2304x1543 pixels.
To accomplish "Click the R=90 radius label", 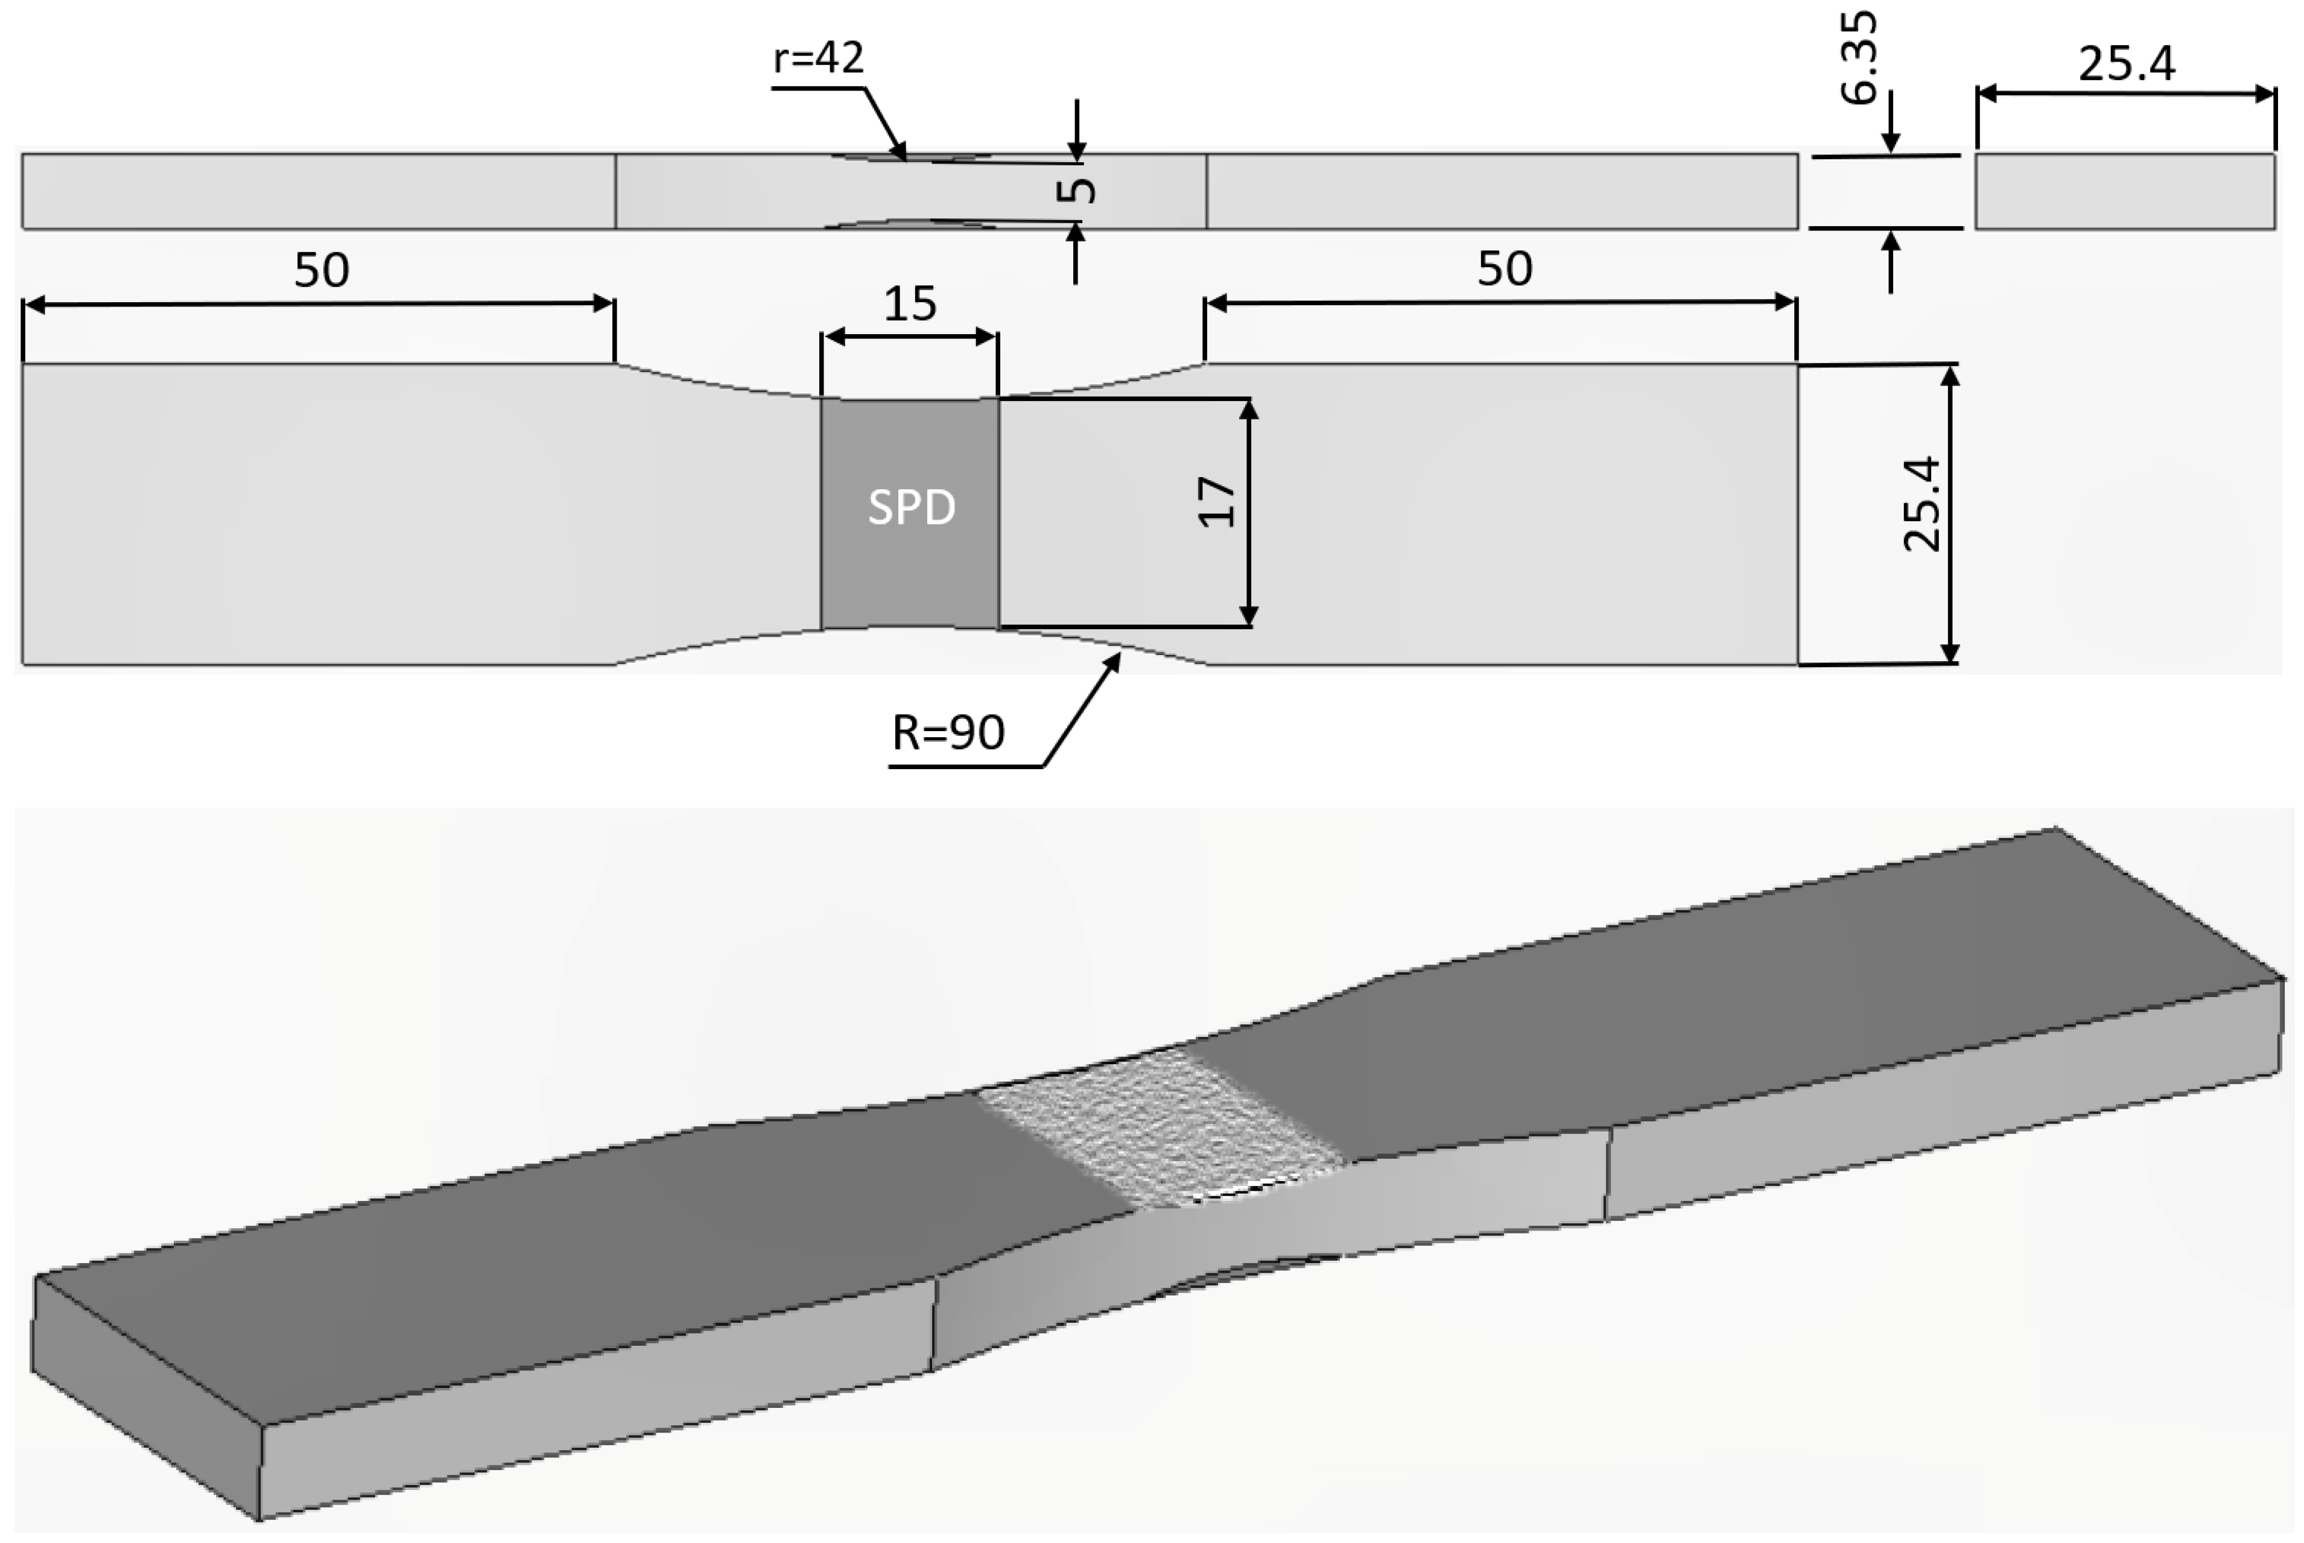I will tap(948, 733).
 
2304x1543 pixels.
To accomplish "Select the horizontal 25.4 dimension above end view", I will tap(2126, 65).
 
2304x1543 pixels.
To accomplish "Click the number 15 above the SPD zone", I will tap(909, 305).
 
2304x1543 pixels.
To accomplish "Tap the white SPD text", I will tap(912, 508).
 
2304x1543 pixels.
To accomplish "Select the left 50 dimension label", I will tap(321, 271).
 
